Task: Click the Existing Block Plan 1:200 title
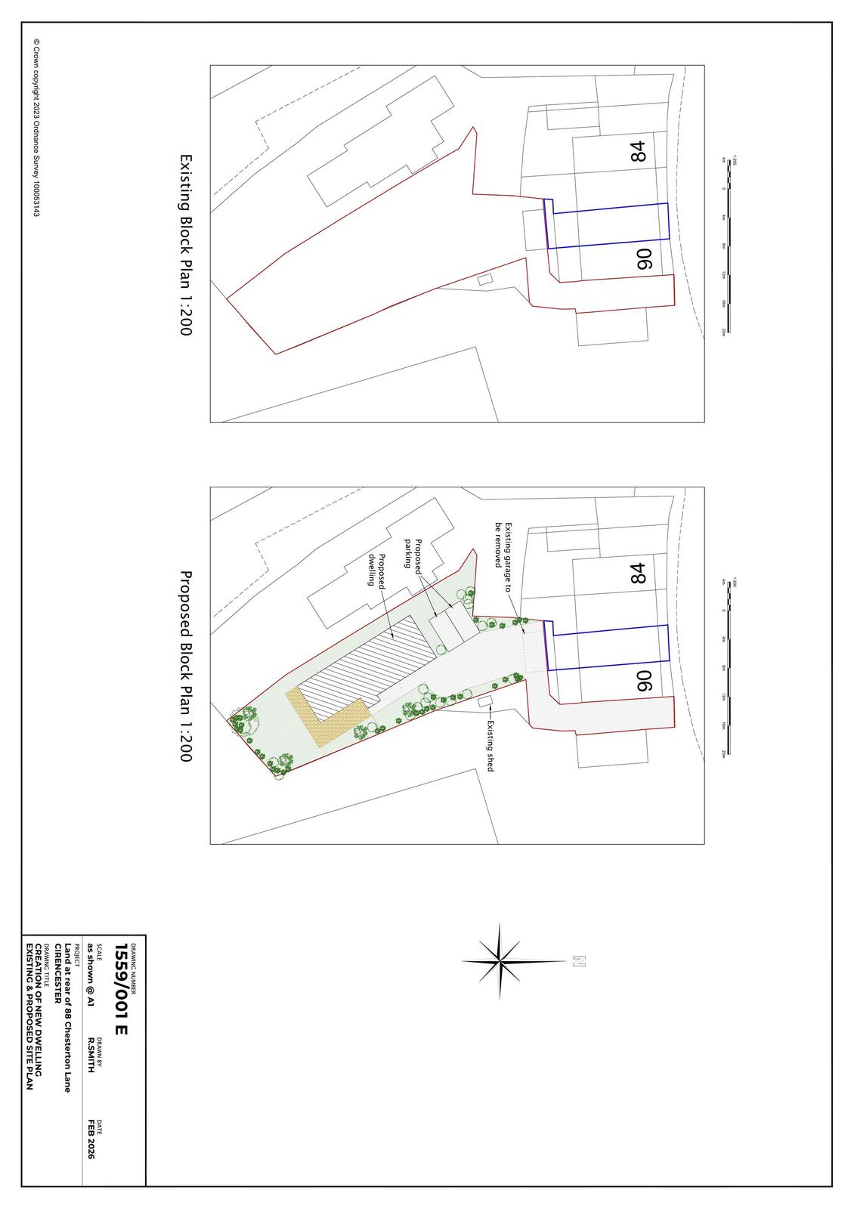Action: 185,245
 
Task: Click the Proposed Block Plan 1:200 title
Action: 185,666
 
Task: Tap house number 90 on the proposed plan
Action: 643,681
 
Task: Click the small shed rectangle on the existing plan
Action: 485,280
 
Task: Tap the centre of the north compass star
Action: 500,961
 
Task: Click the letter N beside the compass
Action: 579,961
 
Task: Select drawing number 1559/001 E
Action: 122,989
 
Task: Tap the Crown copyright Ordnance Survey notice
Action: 35,128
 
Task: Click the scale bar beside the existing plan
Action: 726,245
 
